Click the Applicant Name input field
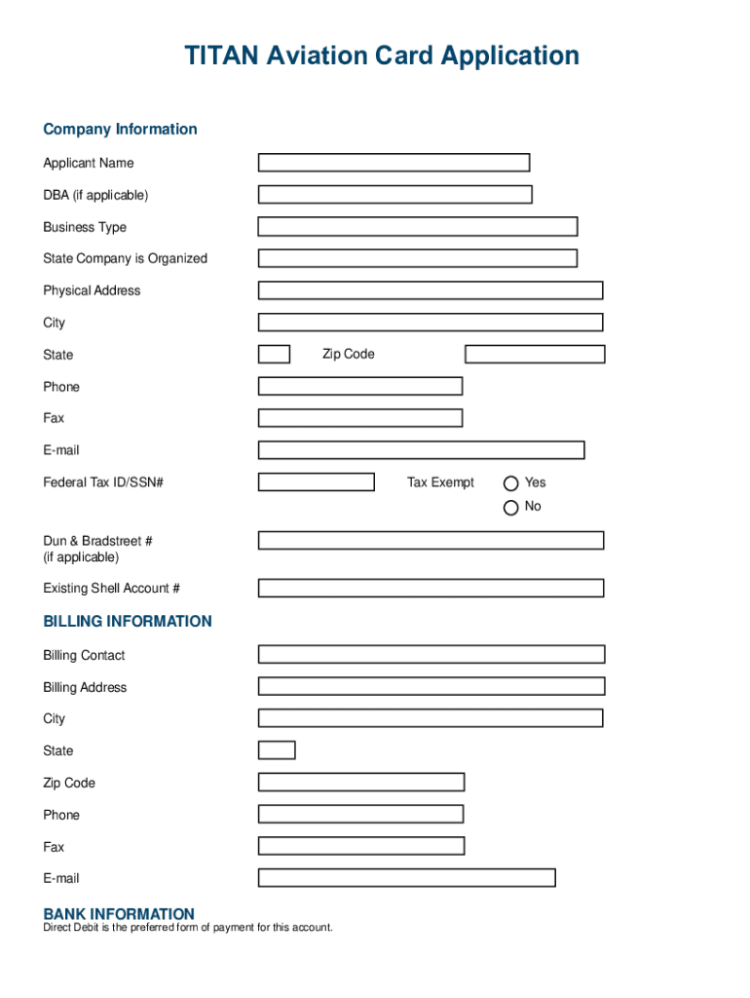click(x=394, y=163)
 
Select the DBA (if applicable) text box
click(x=394, y=195)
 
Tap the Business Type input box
click(x=417, y=227)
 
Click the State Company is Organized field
click(x=417, y=258)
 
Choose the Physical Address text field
click(x=430, y=290)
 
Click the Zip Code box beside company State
click(x=534, y=354)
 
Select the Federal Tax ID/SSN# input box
click(x=316, y=481)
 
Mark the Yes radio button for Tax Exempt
click(x=510, y=483)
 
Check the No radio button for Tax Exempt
click(x=510, y=507)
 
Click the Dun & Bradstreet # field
click(x=431, y=540)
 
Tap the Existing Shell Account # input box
click(x=431, y=588)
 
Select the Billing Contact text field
click(x=431, y=654)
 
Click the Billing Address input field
click(x=431, y=686)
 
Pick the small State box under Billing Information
click(x=277, y=750)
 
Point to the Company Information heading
click(x=120, y=129)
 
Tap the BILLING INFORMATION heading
click(x=127, y=621)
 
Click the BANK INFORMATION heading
click(x=119, y=913)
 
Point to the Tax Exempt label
click(x=440, y=482)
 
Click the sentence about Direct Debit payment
click(x=187, y=927)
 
